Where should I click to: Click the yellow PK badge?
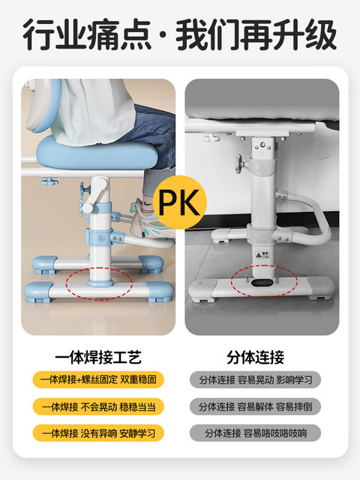pos(180,202)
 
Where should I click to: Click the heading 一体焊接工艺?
pos(98,357)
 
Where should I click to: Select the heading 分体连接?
pos(255,357)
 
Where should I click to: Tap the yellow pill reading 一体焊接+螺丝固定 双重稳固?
pos(98,379)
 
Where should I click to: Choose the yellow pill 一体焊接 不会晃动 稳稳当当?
pos(98,406)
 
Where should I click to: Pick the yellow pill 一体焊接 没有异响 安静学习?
pos(98,433)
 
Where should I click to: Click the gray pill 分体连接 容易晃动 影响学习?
pos(255,379)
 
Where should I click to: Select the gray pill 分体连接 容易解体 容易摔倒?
pos(255,406)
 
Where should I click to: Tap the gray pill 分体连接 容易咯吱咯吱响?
pos(255,433)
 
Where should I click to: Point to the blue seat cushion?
pos(97,152)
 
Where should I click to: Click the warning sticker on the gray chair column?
pos(262,255)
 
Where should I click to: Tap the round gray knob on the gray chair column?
pos(238,163)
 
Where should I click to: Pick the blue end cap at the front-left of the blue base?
pos(37,292)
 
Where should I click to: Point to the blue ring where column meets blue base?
pos(100,282)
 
